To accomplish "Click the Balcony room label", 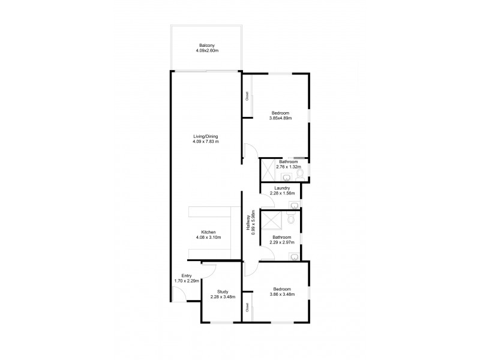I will [x=208, y=45].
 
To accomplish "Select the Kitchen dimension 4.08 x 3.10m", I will [x=208, y=238].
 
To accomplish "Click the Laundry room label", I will [x=280, y=188].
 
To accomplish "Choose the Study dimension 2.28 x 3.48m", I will [x=223, y=296].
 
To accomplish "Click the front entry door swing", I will [x=178, y=293].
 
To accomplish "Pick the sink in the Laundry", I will [x=293, y=205].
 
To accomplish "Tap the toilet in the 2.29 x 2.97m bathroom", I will [x=290, y=220].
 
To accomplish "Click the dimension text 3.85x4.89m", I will [x=280, y=118].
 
